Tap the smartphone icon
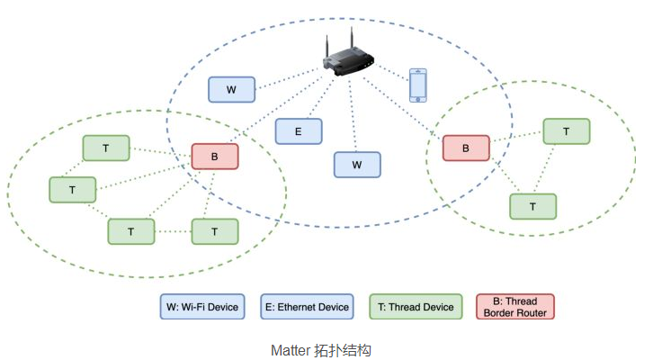[x=417, y=85]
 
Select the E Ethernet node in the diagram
[x=298, y=131]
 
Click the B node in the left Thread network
[x=214, y=157]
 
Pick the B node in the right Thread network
[x=466, y=148]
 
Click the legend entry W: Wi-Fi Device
[x=202, y=307]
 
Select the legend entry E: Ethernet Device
[x=307, y=307]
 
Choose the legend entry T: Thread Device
[x=416, y=307]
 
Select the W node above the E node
[x=231, y=89]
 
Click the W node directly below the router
[x=357, y=165]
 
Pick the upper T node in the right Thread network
[x=566, y=131]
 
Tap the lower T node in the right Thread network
[x=532, y=206]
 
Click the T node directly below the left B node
[x=215, y=231]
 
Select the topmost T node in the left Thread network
[x=106, y=148]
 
